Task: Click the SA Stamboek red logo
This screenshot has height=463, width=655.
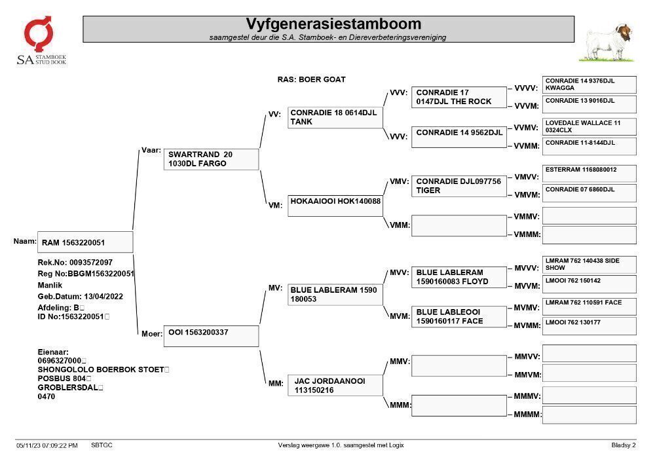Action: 39,34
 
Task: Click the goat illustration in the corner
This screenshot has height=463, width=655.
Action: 608,43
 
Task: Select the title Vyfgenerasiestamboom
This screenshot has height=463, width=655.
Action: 333,24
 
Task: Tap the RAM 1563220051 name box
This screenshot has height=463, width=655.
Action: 85,242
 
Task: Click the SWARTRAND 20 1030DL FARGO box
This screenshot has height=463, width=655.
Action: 211,159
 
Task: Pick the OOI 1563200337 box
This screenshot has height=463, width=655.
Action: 211,336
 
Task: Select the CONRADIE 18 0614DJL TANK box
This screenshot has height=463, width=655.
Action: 335,117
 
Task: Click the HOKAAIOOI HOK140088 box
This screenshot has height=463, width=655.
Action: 335,206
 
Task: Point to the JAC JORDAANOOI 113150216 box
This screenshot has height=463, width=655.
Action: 335,385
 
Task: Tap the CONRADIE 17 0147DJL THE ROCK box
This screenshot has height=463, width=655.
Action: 459,97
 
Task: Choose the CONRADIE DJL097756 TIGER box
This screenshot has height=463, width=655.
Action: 459,186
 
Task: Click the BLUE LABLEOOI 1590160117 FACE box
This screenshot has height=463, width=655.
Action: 459,316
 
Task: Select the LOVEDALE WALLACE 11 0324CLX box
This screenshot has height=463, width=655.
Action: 589,126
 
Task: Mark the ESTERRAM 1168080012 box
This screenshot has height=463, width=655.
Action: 589,174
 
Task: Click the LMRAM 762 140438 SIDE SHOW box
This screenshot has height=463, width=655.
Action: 589,265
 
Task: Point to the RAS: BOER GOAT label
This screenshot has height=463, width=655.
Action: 311,79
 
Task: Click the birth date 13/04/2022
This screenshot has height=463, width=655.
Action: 103,297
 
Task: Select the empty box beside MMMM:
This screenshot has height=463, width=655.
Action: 589,415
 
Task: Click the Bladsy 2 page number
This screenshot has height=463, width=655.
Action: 624,445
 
